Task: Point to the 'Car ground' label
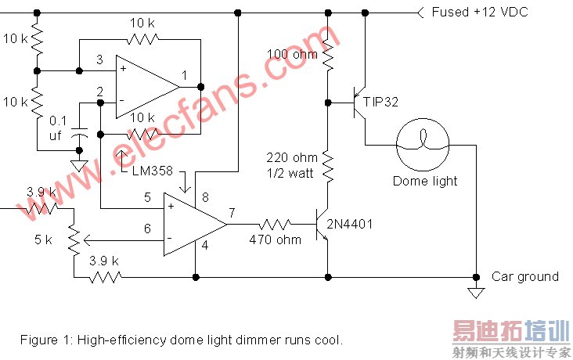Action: tap(524, 276)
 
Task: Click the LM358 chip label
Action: tap(155, 171)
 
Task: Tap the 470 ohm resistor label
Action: tap(275, 239)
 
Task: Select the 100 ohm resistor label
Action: tap(292, 55)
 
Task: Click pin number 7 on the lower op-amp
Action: tap(232, 212)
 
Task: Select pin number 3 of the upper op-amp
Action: tap(99, 59)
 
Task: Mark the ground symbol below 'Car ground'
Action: tap(475, 293)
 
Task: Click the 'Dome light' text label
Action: tap(425, 181)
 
